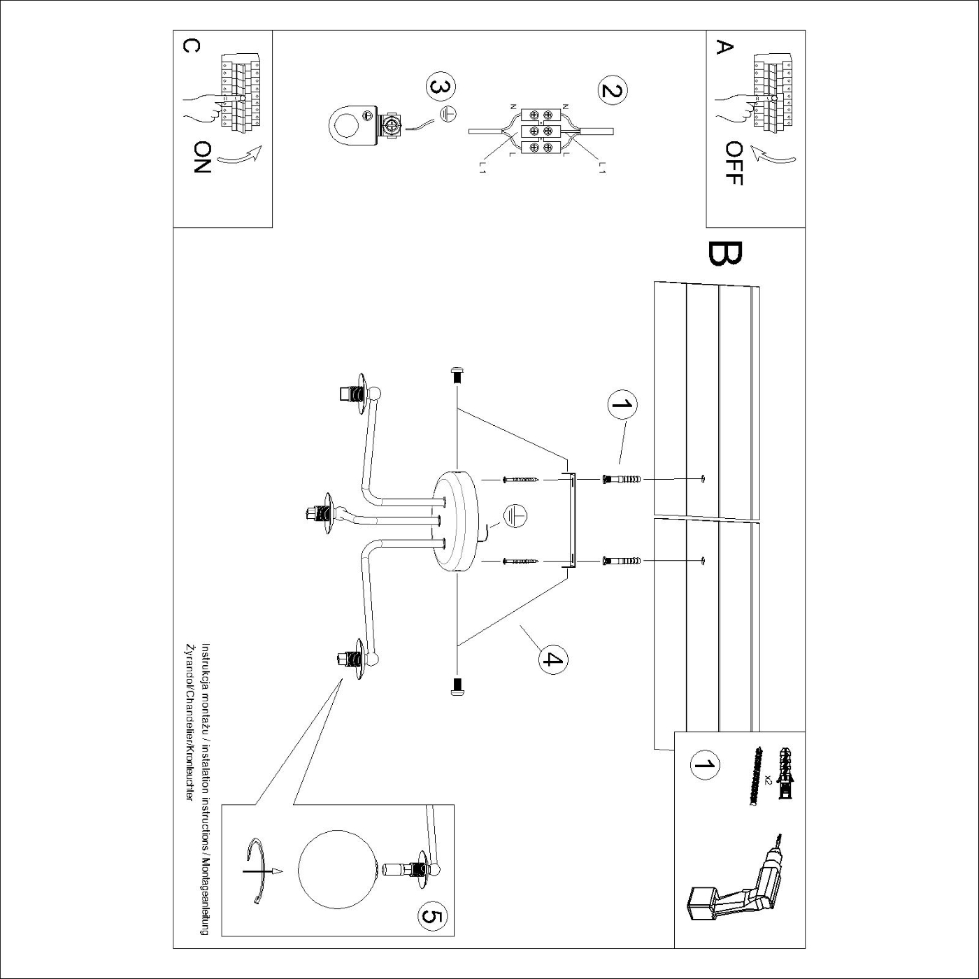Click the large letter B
coord(724,255)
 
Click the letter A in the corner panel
coord(724,48)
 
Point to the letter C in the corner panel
coord(191,45)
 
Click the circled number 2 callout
coord(613,91)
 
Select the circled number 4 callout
coord(552,659)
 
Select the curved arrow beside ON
coord(240,157)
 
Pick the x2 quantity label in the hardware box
coord(768,780)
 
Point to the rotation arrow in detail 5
coord(259,871)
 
